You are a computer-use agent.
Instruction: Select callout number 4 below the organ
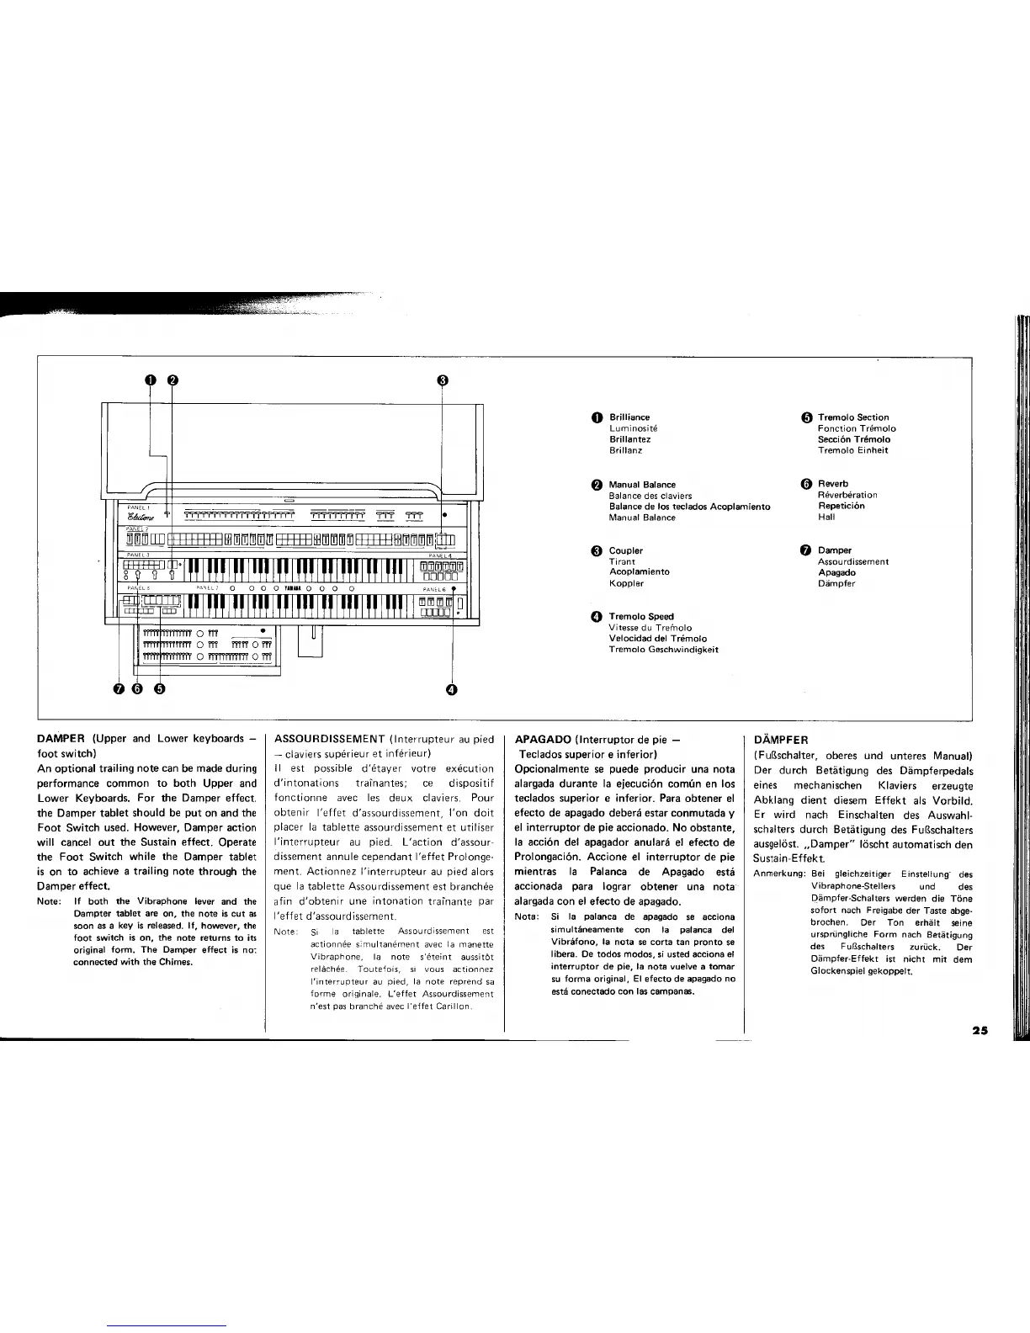tap(451, 690)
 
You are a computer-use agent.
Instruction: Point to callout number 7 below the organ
tap(119, 689)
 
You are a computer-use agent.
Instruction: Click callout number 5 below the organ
tap(159, 689)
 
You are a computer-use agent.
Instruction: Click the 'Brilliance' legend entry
tap(629, 417)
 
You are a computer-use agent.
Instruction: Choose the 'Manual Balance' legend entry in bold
tap(642, 485)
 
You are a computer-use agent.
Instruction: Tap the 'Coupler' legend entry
tap(625, 551)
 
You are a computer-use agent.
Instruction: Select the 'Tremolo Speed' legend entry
tap(640, 617)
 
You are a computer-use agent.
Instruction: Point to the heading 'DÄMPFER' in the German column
tap(781, 740)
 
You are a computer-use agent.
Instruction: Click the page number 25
tap(979, 1030)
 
